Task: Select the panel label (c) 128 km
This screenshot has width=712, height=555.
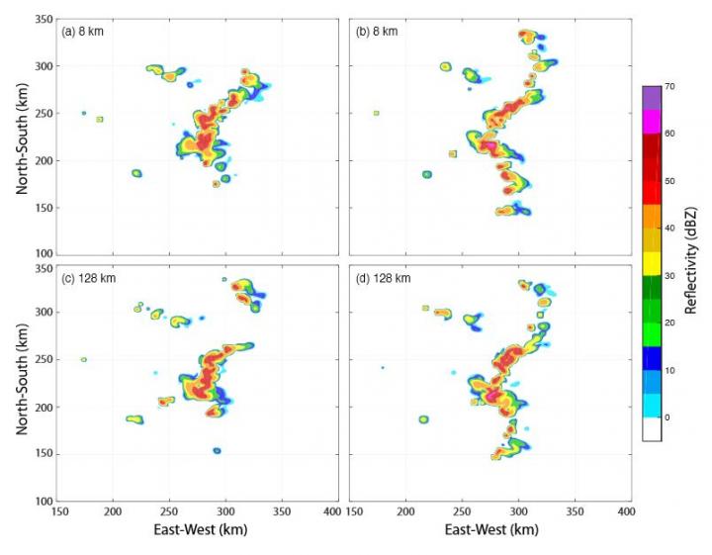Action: click(x=88, y=278)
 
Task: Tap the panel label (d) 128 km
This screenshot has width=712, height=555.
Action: click(x=382, y=278)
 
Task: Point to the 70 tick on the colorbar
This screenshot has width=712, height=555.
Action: click(x=669, y=87)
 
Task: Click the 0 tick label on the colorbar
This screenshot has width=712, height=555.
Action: click(x=667, y=417)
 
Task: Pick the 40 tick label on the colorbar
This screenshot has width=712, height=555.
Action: click(x=669, y=229)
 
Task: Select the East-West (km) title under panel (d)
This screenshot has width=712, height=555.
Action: click(x=491, y=530)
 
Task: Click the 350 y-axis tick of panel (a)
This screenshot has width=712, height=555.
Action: click(x=40, y=20)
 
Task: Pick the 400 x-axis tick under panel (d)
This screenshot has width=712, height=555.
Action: click(x=625, y=511)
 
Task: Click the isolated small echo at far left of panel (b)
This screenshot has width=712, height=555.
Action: click(x=376, y=113)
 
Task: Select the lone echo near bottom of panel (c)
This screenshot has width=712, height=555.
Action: click(x=217, y=451)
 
